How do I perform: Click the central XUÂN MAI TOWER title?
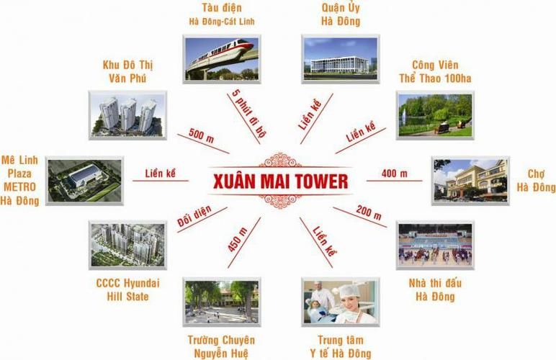coord(280,181)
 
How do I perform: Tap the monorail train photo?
coord(222,59)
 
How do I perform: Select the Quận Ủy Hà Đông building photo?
coord(341,59)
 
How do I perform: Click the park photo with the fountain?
coord(435,115)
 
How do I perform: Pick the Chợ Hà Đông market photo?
coord(470,181)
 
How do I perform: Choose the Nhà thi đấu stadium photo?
coord(435,246)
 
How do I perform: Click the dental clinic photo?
coord(341,302)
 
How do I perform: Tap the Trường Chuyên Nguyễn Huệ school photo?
coord(222,302)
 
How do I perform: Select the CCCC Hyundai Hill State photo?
coord(127,246)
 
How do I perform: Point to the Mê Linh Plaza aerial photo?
coord(84,181)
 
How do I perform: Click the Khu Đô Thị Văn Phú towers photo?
coord(127,115)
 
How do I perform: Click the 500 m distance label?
coord(201,135)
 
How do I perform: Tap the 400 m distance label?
coord(394,174)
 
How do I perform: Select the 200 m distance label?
coord(369,212)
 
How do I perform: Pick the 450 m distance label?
coord(237,240)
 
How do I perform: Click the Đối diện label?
coord(194,216)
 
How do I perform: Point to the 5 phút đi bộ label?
coord(249,113)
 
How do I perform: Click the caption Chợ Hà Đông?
coord(536,180)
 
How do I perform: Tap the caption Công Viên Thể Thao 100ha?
coord(435,71)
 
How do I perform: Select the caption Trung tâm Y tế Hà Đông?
coord(341,346)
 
